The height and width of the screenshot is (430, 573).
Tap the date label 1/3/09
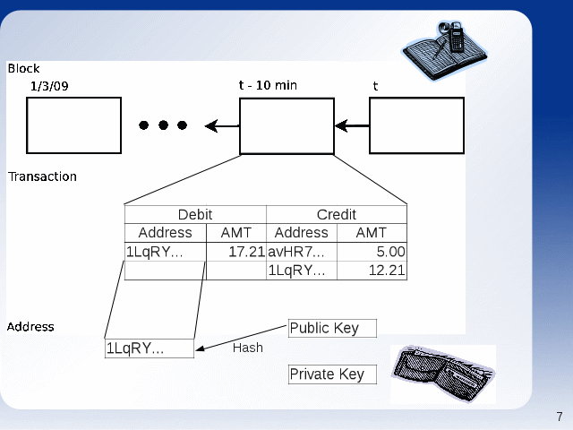(49, 86)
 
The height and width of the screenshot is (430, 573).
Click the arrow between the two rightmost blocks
(352, 125)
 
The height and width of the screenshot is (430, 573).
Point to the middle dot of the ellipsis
(163, 125)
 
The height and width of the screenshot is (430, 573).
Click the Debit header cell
(195, 215)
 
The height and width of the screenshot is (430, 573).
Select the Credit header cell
(337, 215)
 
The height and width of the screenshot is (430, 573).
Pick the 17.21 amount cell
(236, 252)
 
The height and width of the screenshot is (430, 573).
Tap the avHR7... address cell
(302, 252)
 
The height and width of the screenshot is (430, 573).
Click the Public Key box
(332, 328)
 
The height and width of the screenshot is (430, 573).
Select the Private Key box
(332, 374)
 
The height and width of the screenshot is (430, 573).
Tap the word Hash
(248, 348)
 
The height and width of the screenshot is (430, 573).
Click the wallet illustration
(443, 374)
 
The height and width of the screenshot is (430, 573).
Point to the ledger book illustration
(445, 50)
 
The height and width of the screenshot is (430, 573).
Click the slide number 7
(560, 417)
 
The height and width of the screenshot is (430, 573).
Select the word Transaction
(42, 176)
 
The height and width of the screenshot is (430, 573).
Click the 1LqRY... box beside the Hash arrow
(150, 348)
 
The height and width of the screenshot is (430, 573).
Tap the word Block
(24, 68)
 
